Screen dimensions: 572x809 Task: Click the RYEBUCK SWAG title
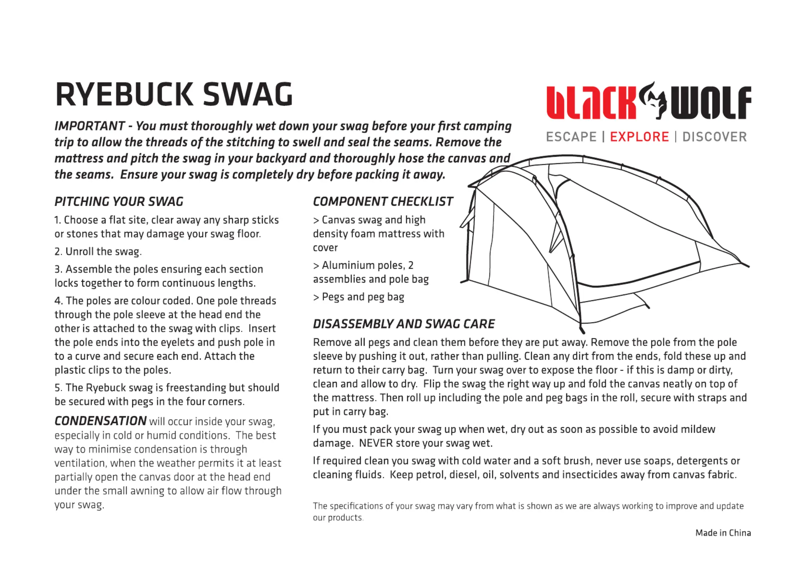174,94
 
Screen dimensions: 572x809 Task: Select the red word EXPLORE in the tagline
639,137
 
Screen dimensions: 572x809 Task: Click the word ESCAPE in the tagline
571,137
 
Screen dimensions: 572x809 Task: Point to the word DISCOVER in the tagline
715,137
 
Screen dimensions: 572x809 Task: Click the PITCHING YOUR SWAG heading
119,201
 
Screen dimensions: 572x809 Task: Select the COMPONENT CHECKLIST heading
383,201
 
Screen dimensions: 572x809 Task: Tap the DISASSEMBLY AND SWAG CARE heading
404,324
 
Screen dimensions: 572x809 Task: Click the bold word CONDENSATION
101,421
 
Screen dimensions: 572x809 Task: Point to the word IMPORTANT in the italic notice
89,126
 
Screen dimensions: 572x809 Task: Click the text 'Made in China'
723,533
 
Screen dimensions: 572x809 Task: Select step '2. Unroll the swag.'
98,252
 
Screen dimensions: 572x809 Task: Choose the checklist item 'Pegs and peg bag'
363,297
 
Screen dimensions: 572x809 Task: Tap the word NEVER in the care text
376,443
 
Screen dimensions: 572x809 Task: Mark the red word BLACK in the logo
591,103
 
